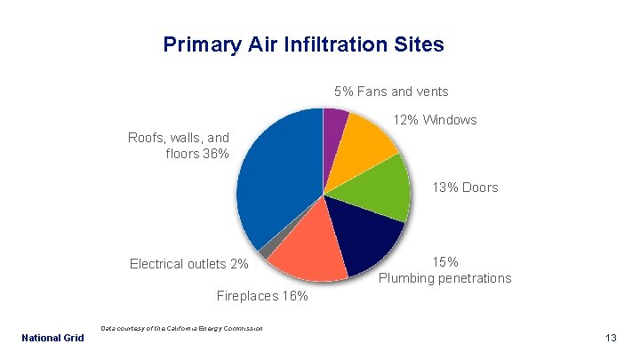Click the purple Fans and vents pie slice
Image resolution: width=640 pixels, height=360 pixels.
point(334,124)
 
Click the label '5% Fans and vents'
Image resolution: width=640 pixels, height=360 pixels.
point(390,92)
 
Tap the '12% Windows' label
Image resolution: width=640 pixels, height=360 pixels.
point(435,120)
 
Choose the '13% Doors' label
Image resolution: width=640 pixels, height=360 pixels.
point(465,188)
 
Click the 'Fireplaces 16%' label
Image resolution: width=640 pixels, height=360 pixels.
point(262,296)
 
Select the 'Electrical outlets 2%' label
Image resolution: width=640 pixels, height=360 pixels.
point(189,264)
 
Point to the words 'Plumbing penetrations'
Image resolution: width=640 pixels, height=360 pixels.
point(444,278)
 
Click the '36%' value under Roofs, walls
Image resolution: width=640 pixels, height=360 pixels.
point(215,154)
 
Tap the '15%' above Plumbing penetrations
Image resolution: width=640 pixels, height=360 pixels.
point(445,262)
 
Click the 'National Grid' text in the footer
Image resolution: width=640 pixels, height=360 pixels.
point(52,338)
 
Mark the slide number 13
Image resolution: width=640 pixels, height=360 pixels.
point(610,338)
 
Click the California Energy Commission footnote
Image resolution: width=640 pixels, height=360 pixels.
point(181,329)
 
